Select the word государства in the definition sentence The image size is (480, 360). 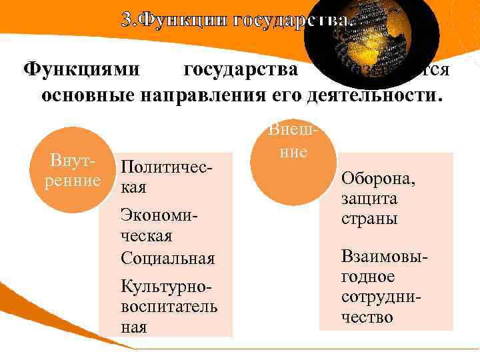click(x=240, y=69)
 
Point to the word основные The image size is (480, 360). click(x=87, y=95)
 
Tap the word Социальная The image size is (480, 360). click(x=168, y=257)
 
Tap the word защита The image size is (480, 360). click(x=369, y=199)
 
